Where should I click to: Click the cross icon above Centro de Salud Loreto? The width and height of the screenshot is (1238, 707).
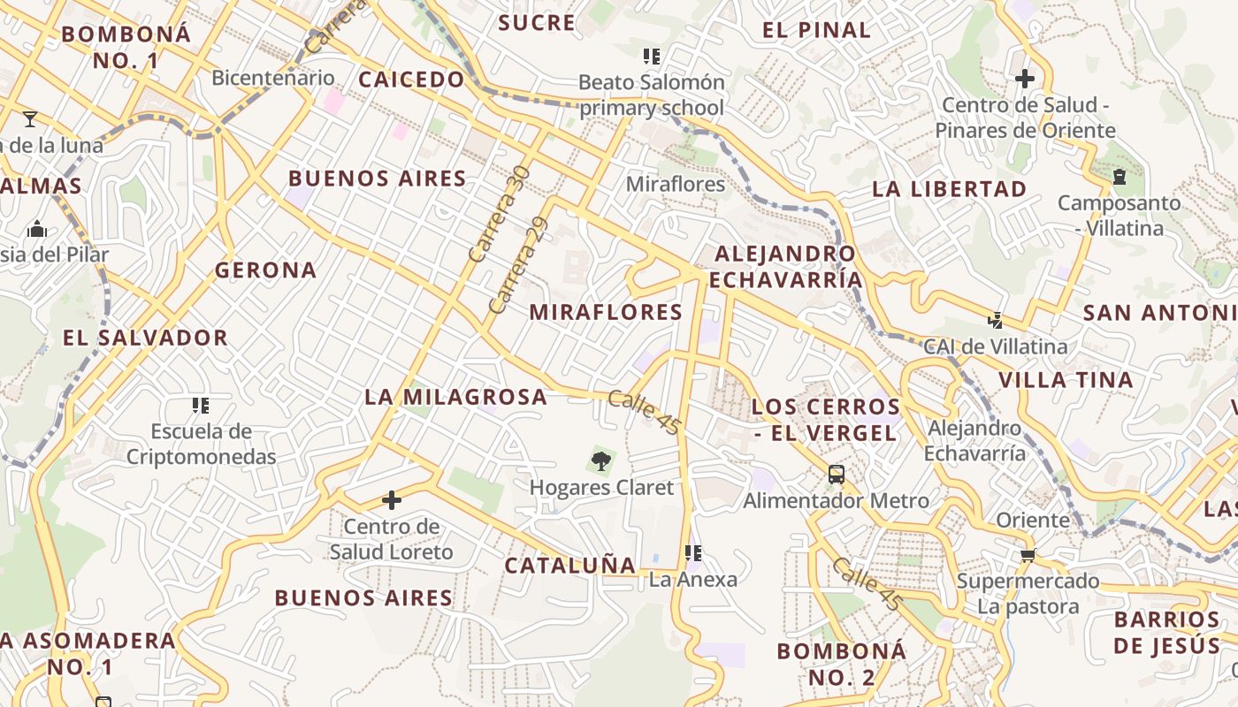click(391, 500)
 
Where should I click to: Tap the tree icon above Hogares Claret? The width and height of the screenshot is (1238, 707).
click(601, 460)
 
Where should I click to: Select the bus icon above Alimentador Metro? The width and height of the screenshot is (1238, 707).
click(837, 475)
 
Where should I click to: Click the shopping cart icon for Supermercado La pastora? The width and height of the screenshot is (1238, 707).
click(1028, 555)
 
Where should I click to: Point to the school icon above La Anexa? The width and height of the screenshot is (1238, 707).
click(693, 553)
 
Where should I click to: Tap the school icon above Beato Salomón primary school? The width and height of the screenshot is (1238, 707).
click(652, 57)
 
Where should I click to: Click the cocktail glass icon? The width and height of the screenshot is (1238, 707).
click(30, 118)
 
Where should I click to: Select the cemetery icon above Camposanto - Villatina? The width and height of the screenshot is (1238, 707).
click(1120, 177)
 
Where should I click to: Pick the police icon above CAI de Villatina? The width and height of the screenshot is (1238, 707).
click(996, 320)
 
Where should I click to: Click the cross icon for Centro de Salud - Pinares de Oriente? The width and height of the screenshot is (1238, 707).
click(1025, 79)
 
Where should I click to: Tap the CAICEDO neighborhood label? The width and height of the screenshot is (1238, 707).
click(411, 80)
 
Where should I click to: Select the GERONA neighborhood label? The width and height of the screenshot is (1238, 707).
click(265, 270)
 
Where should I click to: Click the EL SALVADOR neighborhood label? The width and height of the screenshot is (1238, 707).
click(145, 338)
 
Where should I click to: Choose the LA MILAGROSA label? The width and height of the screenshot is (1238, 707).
click(455, 398)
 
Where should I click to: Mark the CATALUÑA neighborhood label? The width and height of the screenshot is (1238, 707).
click(569, 566)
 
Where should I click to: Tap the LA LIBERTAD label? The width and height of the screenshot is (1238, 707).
click(949, 189)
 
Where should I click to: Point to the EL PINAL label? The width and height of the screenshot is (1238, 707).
click(816, 30)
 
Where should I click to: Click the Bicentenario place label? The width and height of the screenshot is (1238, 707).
click(273, 78)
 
